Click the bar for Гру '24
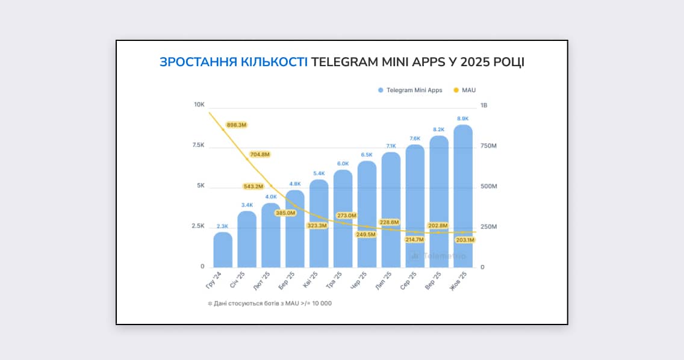coord(223,250)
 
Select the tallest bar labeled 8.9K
coord(462,196)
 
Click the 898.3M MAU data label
coord(236,125)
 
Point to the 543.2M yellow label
coord(253,186)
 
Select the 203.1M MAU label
coord(465,240)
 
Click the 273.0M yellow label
coord(346,215)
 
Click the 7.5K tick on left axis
coord(198,145)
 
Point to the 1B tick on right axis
coord(484,105)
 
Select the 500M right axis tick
coord(488,187)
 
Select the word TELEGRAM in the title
coord(344,62)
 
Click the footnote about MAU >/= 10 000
coord(270,303)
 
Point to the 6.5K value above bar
coord(366,155)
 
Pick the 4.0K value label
coord(271,197)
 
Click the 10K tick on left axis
coord(199,105)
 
